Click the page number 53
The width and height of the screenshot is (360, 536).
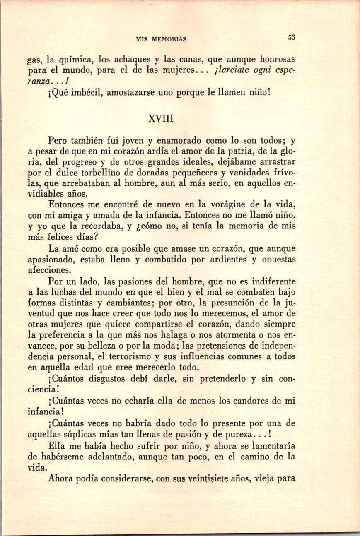[292, 37]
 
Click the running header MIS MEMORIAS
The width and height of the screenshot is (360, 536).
[161, 39]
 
